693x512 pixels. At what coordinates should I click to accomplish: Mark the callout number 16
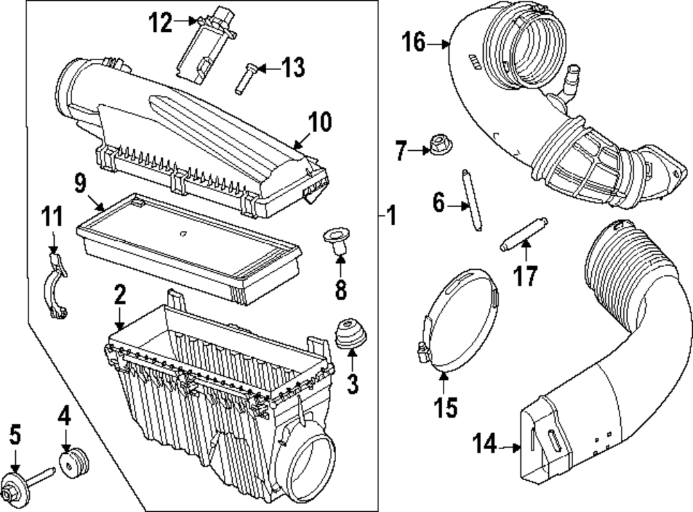click(414, 43)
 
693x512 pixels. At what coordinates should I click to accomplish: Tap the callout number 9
click(81, 184)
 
